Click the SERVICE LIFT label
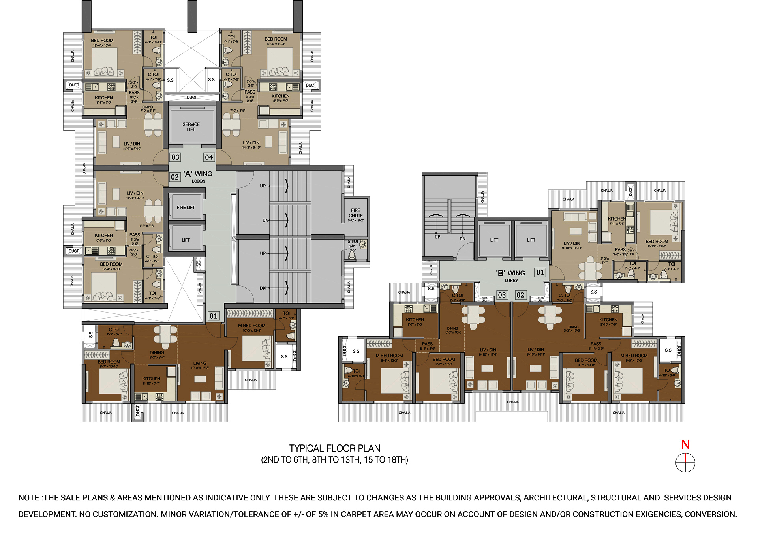[x=191, y=127]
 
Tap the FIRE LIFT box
[x=186, y=208]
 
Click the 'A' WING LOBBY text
[x=198, y=176]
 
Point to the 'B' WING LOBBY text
[x=511, y=275]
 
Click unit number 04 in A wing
[x=209, y=157]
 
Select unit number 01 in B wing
[x=540, y=272]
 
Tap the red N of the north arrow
[x=685, y=445]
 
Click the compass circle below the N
[x=685, y=463]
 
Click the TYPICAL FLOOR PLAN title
[x=335, y=448]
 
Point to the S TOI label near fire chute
[x=353, y=242]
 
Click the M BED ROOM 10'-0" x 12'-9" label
[x=251, y=328]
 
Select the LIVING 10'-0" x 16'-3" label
[x=200, y=365]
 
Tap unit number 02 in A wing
[x=175, y=177]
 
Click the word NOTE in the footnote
[x=29, y=498]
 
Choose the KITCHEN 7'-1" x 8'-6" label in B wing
[x=617, y=221]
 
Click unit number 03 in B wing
[x=502, y=295]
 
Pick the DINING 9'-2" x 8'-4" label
[x=157, y=354]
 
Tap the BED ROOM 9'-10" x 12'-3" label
[x=657, y=244]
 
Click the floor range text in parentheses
[x=335, y=460]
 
